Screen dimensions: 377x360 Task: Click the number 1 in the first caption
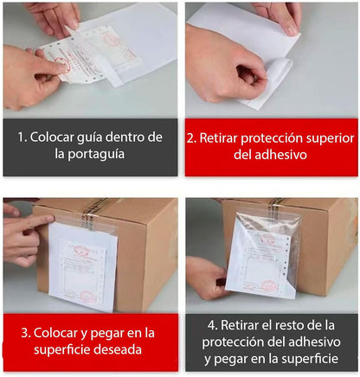click(24, 137)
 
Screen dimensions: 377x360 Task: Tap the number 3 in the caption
click(24, 332)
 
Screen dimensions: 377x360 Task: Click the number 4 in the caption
click(210, 324)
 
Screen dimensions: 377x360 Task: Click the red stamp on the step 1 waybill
click(112, 39)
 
